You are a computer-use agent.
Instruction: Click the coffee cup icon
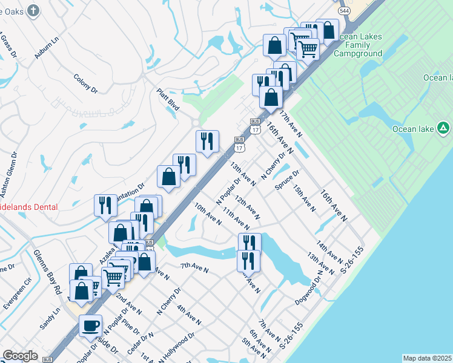coord(91,325)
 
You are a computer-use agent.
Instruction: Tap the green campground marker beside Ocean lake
coord(443,128)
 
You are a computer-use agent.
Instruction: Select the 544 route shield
coord(345,11)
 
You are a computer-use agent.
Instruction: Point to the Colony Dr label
coord(85,83)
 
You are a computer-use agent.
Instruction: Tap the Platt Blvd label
coord(168,99)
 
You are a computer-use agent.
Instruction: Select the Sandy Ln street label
coord(50,318)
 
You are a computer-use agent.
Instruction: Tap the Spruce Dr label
coord(287,181)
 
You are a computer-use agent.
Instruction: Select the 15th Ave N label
coord(304,198)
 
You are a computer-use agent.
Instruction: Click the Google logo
coord(20,356)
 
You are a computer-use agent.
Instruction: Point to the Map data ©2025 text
coord(427,358)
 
